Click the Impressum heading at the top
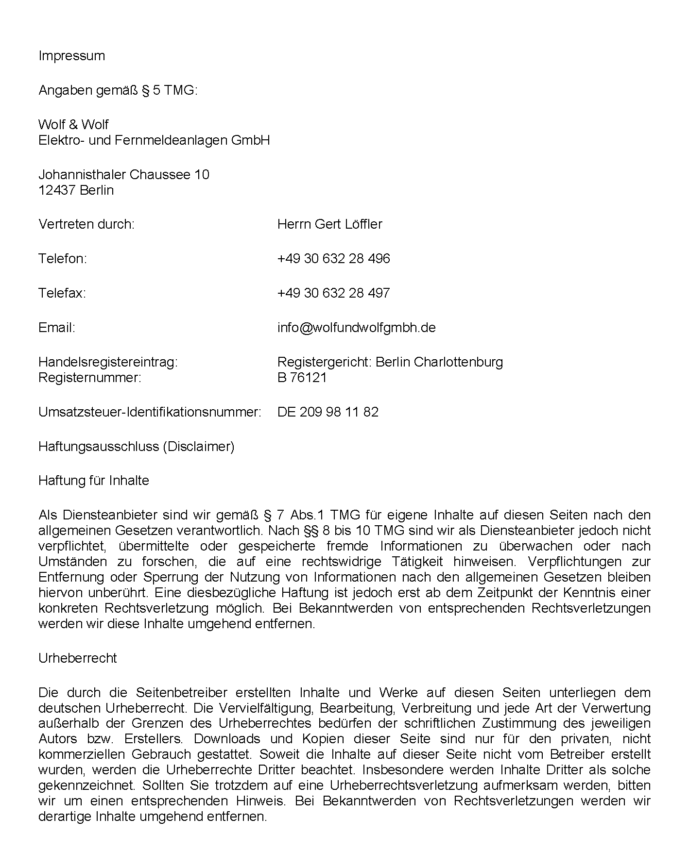pos(71,56)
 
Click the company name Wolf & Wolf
pos(73,125)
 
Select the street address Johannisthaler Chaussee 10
pos(123,175)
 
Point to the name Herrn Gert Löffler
pos(329,224)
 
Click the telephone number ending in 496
pos(333,259)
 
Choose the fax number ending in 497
pos(333,293)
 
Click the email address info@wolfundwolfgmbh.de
pos(356,328)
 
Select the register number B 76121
pos(302,378)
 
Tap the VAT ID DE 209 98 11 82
pos(327,412)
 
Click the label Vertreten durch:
pos(86,224)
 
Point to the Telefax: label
pos(62,293)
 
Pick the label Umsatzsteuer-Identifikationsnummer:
pos(150,412)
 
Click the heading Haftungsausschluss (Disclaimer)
pos(136,447)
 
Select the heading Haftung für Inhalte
pos(93,481)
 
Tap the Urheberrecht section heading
pos(77,658)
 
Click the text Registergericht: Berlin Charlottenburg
pos(390,362)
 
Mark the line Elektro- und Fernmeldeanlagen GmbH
pos(154,140)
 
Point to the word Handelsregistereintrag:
pos(108,362)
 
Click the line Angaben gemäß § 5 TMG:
pos(118,90)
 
